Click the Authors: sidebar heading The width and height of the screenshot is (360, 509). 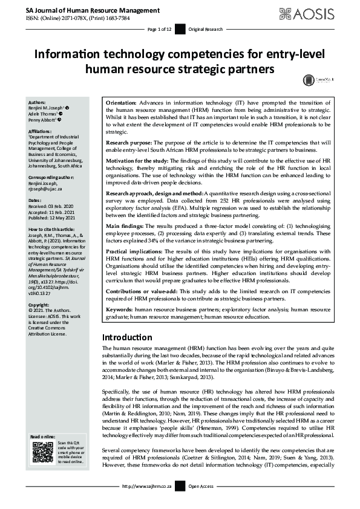coord(38,102)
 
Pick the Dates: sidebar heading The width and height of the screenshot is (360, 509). coord(36,200)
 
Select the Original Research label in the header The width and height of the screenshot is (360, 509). coord(205,29)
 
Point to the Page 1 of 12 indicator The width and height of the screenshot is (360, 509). coord(160,29)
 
